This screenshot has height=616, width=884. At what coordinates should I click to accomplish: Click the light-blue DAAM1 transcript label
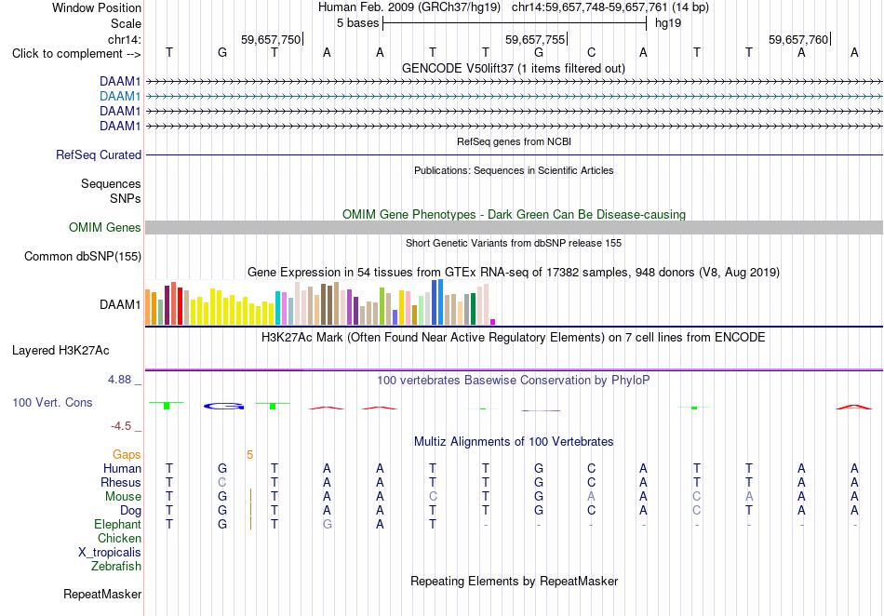click(x=120, y=97)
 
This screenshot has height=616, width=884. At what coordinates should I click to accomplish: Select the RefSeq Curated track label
click(x=99, y=155)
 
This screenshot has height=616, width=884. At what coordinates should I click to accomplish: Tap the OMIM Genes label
click(x=105, y=228)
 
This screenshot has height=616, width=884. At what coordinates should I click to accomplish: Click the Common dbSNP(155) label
click(x=83, y=257)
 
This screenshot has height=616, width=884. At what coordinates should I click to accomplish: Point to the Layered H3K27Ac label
click(x=60, y=351)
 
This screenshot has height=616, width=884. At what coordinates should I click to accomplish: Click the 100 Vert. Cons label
click(x=52, y=402)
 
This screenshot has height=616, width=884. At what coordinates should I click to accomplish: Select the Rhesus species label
click(x=121, y=482)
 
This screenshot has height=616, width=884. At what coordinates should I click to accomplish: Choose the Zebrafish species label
click(x=116, y=567)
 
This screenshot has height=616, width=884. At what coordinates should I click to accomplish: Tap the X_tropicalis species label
click(x=110, y=553)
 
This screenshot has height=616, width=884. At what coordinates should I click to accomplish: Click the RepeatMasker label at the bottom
click(x=102, y=594)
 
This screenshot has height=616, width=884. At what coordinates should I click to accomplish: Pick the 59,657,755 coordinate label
click(x=535, y=39)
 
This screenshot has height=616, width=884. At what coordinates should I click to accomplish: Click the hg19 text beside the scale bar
click(x=668, y=23)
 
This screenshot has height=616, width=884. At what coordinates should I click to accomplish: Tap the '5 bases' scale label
click(x=358, y=23)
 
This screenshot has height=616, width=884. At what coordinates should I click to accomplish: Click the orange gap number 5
click(x=249, y=455)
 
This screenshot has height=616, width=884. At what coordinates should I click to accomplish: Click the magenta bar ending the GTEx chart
click(x=493, y=322)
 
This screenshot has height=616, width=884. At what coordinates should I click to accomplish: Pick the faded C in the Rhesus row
click(x=222, y=482)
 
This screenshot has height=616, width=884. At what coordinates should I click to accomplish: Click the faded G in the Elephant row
click(x=327, y=524)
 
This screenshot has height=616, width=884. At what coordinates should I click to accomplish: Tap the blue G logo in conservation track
click(x=224, y=406)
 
